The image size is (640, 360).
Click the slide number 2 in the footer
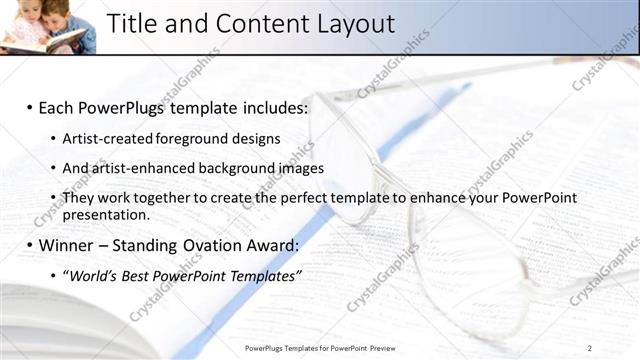(590, 347)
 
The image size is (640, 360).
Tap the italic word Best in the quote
(140, 274)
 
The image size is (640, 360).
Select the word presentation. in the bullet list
(106, 214)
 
